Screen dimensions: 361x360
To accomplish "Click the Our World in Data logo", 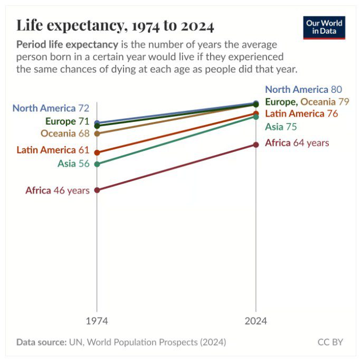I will (324, 27).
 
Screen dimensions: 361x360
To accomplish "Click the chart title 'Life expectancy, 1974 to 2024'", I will (115, 25).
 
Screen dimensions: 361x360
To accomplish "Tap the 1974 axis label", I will (97, 321).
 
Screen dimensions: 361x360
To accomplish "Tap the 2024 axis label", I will (256, 321).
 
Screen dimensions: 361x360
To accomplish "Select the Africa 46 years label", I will (57, 191).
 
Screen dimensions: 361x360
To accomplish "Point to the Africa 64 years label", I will (297, 143).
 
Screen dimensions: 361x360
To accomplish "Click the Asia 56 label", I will (73, 164).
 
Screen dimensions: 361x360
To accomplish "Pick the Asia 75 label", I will (281, 127).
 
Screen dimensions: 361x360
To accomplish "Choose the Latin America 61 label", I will (53, 150).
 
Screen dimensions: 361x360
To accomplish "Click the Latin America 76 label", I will (301, 114).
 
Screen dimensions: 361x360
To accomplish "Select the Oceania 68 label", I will (65, 134).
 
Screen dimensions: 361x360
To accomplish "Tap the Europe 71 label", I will (67, 121).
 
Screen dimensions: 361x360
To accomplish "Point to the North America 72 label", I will (51, 108).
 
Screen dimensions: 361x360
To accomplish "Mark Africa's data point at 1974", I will (97, 190).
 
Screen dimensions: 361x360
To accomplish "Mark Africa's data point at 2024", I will (256, 144).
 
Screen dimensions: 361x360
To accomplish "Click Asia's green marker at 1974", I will (97, 164).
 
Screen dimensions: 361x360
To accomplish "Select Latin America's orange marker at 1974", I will (97, 153).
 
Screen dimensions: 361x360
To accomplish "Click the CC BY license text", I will (330, 342).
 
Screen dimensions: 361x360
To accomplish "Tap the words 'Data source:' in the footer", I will (41, 342).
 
